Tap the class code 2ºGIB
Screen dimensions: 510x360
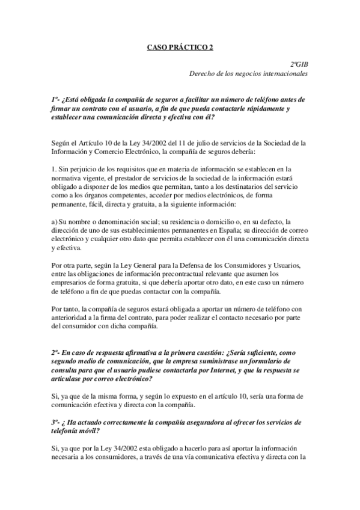299,64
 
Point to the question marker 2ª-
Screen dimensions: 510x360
56,351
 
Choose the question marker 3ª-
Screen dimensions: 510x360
56,423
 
